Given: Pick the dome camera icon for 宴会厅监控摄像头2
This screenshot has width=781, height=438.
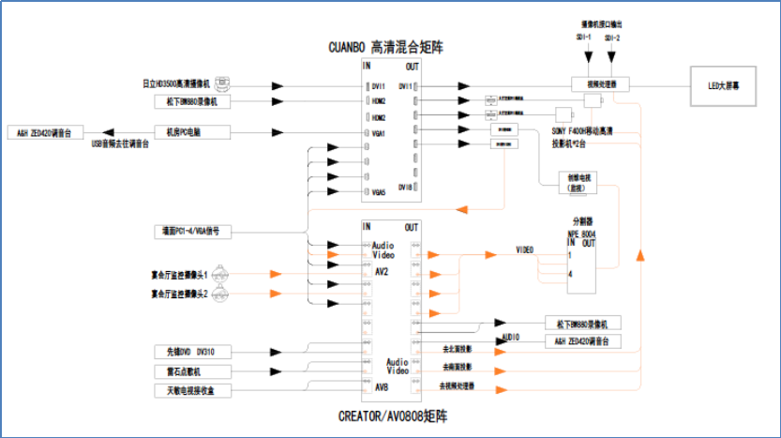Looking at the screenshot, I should (x=218, y=295).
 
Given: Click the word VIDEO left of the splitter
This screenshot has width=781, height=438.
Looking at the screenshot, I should (x=524, y=250).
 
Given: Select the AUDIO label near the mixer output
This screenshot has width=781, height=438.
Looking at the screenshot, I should (x=511, y=336).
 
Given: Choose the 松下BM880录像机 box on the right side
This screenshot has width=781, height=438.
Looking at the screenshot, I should (x=582, y=324).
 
